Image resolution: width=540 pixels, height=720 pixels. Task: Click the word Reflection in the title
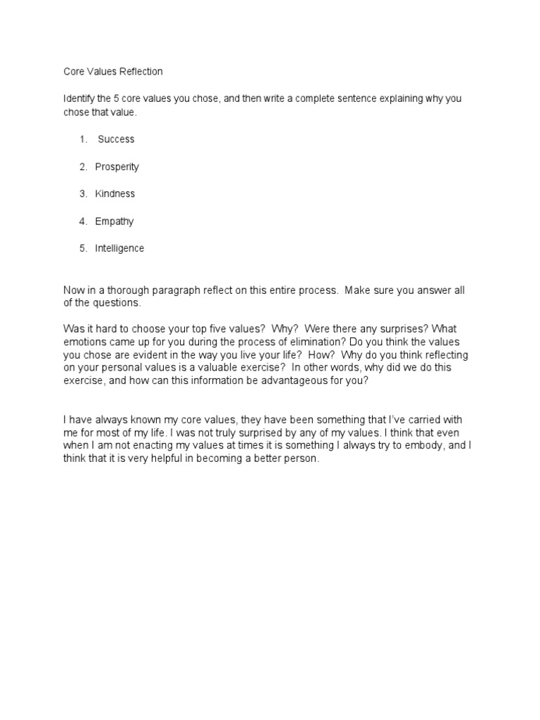[140, 71]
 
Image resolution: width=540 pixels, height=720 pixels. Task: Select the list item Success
[116, 139]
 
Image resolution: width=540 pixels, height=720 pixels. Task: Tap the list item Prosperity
[117, 167]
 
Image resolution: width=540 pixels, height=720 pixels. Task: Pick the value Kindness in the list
[115, 193]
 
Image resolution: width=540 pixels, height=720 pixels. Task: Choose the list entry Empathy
[114, 221]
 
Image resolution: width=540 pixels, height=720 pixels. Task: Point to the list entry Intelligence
[120, 248]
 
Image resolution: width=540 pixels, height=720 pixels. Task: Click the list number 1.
[83, 139]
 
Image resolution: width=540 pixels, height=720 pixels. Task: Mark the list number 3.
[83, 193]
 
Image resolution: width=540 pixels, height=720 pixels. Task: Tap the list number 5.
[83, 248]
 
